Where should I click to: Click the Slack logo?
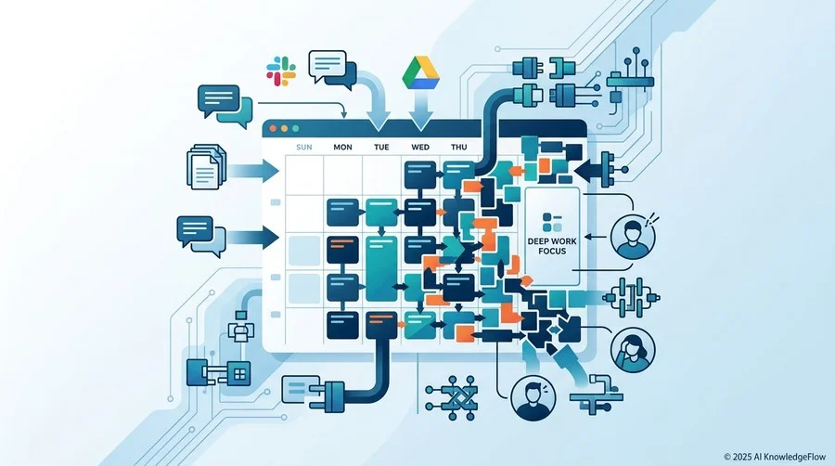coord(281,71)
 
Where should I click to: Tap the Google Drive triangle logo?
coord(420,73)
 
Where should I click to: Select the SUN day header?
coord(304,147)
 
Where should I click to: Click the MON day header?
coord(342,147)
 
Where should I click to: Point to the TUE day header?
coord(381,147)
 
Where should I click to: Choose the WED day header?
coord(420,147)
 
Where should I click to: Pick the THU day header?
coord(458,147)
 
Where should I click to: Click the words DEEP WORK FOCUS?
coord(552,246)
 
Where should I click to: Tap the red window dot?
coord(273,128)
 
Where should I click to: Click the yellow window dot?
coord(285,128)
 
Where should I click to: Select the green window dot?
coord(296,128)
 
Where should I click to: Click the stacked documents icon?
coord(206,167)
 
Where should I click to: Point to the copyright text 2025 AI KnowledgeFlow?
coord(775,457)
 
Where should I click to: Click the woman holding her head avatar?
coord(633,350)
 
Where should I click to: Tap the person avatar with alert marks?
coord(634,236)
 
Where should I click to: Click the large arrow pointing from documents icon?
coord(254,171)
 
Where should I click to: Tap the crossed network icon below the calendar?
coord(452,395)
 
